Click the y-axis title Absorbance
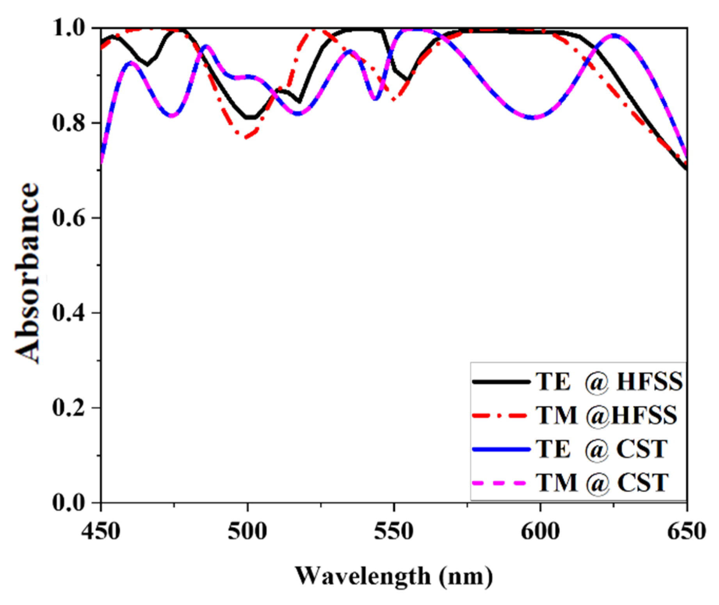(28, 273)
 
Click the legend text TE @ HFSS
(609, 382)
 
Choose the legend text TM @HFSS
(606, 415)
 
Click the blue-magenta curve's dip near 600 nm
(533, 117)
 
